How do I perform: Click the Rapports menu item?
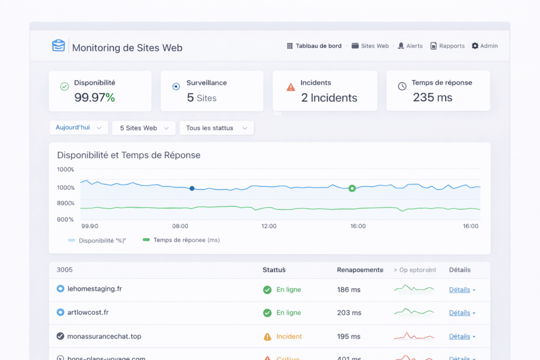tap(447, 46)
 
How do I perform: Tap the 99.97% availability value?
tap(94, 98)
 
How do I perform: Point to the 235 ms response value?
tap(432, 98)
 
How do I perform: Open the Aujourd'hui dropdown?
tap(78, 128)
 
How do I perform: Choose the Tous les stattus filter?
tap(216, 128)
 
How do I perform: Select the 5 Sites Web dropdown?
tap(143, 128)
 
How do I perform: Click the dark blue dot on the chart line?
tap(192, 188)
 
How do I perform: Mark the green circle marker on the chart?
tap(352, 188)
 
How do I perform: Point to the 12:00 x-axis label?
tap(269, 226)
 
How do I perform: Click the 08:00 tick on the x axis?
tap(180, 226)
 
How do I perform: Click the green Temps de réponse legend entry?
tap(181, 240)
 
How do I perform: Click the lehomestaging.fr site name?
tap(95, 289)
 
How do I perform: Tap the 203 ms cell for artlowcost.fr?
tap(349, 313)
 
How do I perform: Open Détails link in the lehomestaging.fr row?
tap(460, 290)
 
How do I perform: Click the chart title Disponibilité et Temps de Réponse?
tap(129, 155)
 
